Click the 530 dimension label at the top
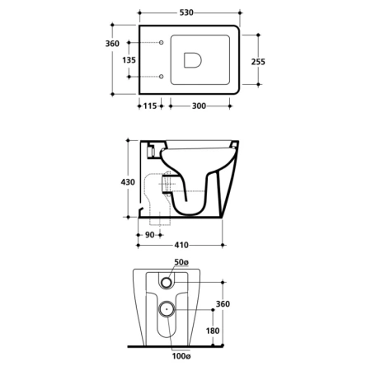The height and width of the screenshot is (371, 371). coord(186,12)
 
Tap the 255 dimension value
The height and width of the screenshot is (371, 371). coord(258,62)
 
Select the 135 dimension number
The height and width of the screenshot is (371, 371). coord(129,60)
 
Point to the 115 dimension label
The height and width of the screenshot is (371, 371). coord(150,106)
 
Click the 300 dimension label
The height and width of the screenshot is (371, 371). coord(199,106)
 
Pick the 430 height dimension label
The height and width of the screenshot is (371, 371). coord(128,182)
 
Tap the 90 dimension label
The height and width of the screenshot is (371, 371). coord(149,235)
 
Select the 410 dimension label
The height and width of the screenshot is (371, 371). coord(181,245)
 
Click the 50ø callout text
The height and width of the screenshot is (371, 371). coord(181,262)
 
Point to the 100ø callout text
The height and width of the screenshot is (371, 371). coord(181,356)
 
